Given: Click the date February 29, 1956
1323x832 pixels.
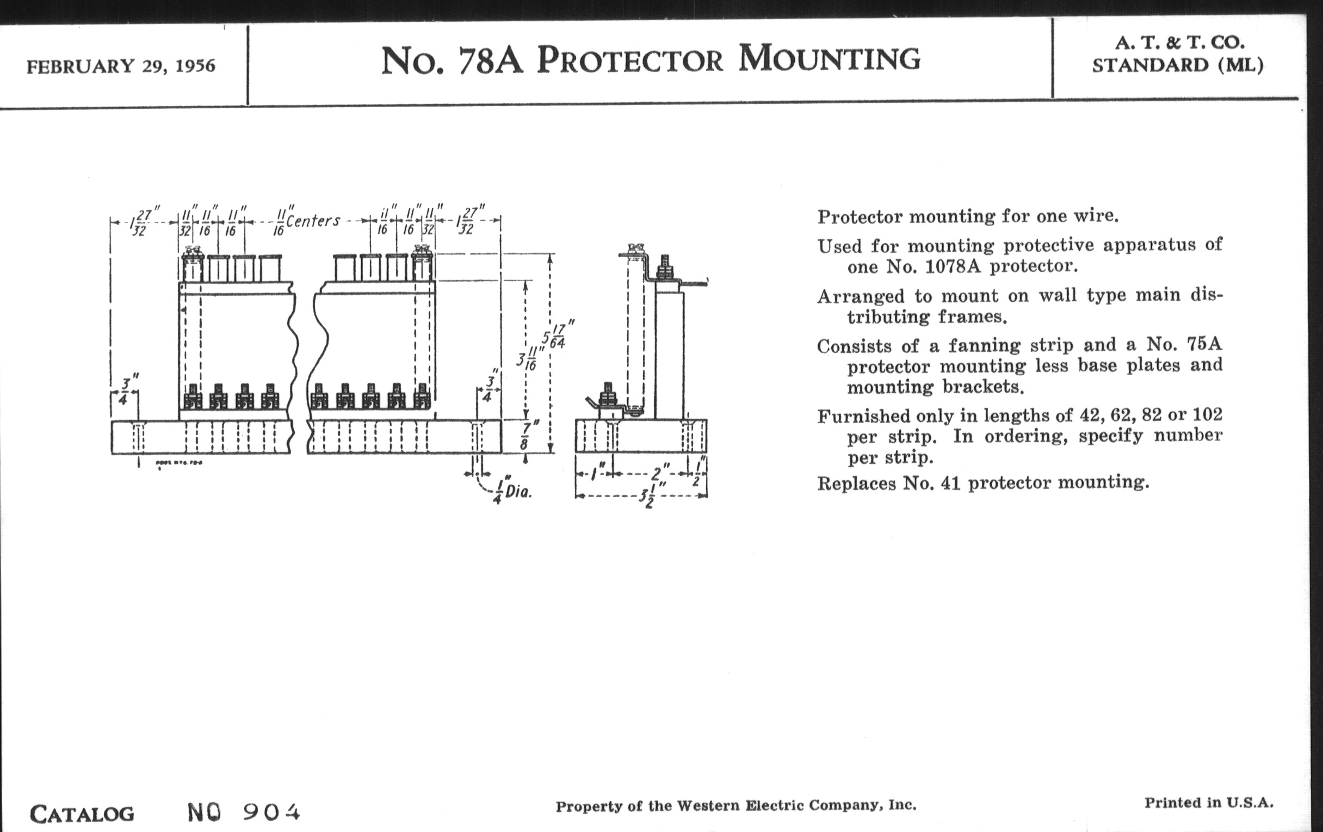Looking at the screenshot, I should [x=121, y=66].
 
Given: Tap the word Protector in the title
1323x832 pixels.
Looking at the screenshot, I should [x=629, y=60].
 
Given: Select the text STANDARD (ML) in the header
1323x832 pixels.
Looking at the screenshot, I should [x=1177, y=65].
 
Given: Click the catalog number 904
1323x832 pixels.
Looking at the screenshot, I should [x=271, y=812].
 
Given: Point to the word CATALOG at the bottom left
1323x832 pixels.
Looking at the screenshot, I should [x=82, y=814].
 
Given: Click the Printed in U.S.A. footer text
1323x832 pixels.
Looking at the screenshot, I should [x=1209, y=803].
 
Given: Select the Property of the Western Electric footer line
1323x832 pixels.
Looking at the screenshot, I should [x=735, y=806].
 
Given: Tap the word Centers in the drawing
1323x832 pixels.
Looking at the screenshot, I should [x=313, y=221].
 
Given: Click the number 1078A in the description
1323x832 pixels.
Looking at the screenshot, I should [x=960, y=266].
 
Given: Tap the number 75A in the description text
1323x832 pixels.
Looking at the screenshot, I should [x=1204, y=344].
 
